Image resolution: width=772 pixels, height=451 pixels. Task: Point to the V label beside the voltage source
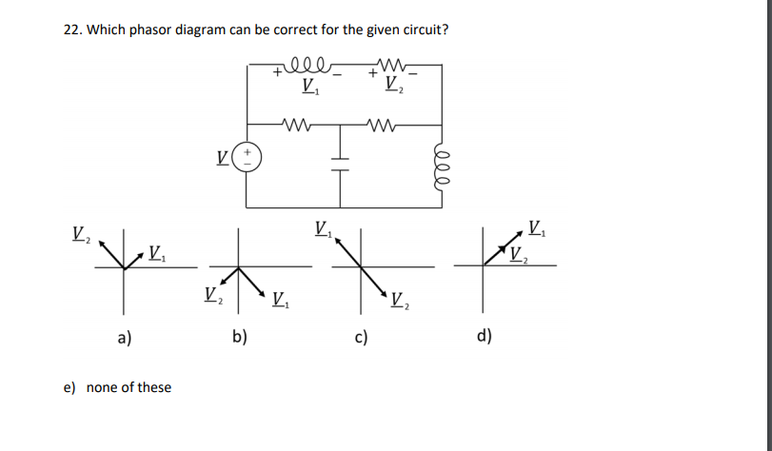pyautogui.click(x=223, y=156)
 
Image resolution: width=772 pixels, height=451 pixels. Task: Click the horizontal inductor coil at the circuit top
pyautogui.click(x=307, y=68)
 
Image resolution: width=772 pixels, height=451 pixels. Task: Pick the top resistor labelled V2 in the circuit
pyautogui.click(x=392, y=67)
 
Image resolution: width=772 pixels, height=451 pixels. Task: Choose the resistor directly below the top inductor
pyautogui.click(x=298, y=123)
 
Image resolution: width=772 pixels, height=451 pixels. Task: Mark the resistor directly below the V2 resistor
pyautogui.click(x=391, y=123)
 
